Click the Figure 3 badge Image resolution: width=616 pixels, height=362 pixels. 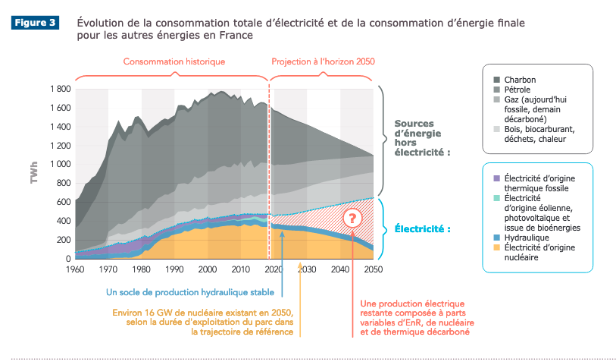tap(34, 23)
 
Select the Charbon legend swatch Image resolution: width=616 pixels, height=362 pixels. tap(497, 79)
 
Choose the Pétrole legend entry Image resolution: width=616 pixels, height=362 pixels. tap(520, 89)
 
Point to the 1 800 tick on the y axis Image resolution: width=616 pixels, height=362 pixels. tap(60, 89)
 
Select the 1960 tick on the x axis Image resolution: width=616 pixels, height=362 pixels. tap(75, 269)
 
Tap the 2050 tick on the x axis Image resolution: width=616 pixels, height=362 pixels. tap(373, 269)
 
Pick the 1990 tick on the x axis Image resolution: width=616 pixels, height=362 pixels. tap(174, 269)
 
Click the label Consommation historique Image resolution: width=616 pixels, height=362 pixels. tap(174, 61)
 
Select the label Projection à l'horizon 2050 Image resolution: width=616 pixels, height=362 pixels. tap(323, 61)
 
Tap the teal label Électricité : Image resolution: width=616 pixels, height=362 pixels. tap(421, 228)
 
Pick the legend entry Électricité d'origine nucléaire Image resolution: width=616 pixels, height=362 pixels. tap(537, 253)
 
